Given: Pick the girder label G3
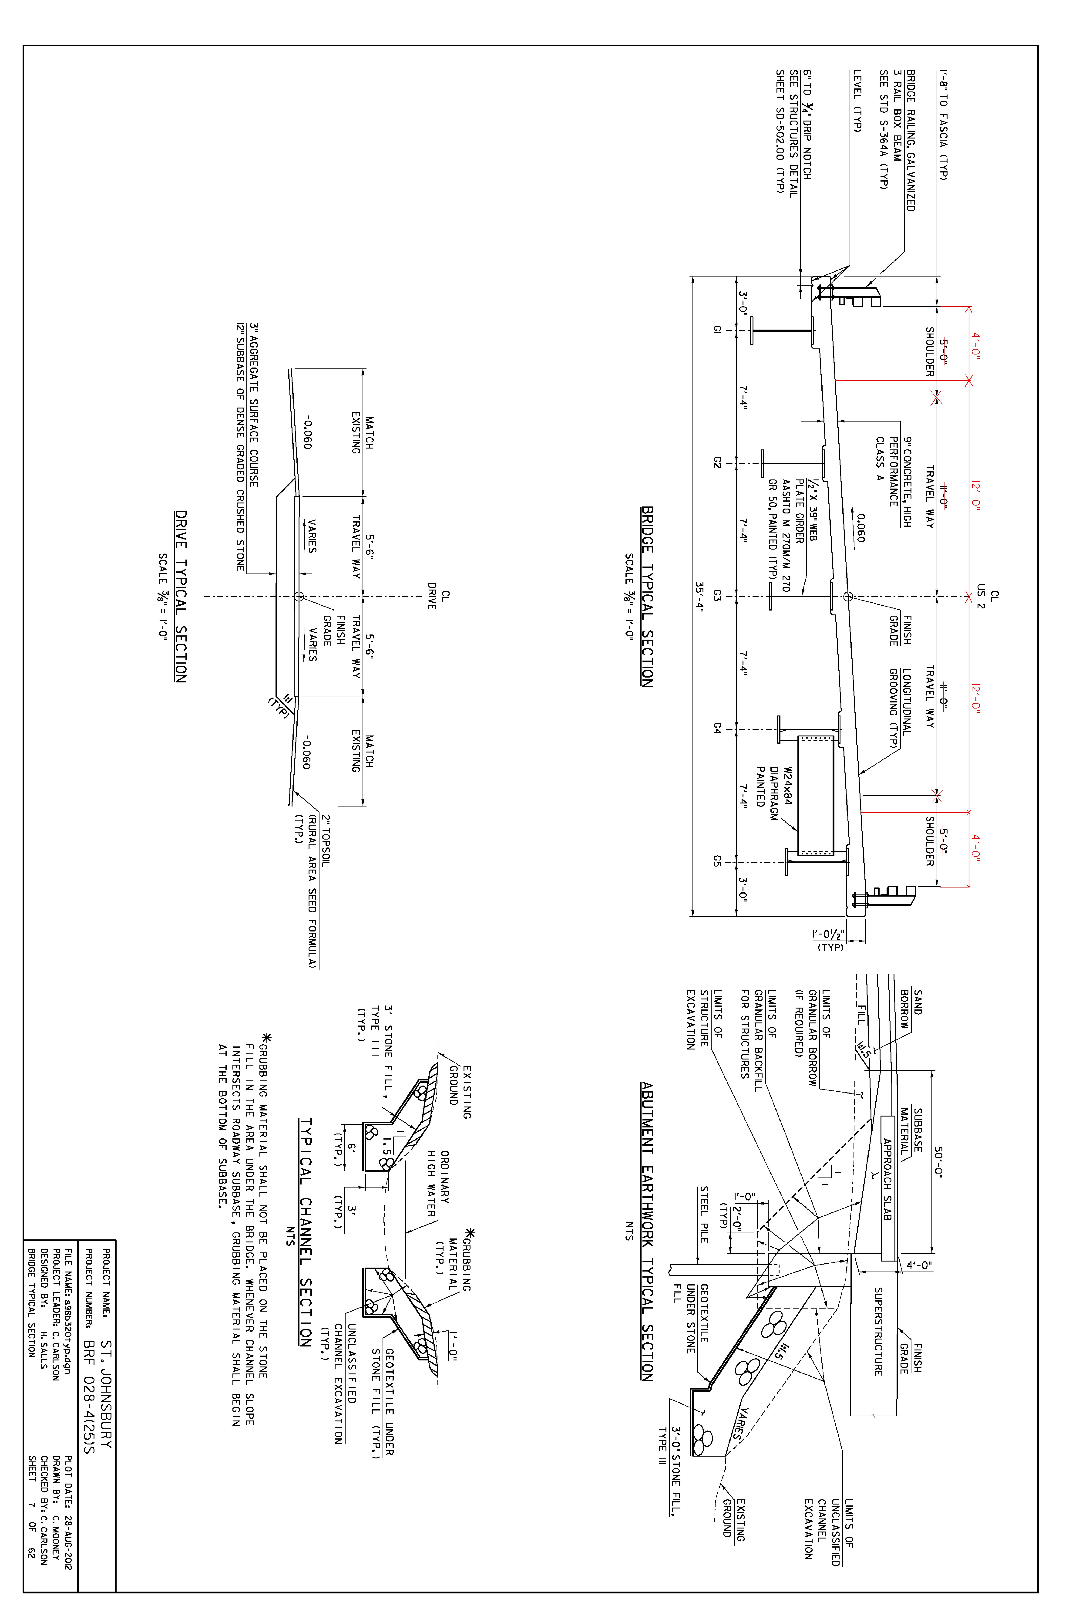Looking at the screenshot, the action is click(x=716, y=595).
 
